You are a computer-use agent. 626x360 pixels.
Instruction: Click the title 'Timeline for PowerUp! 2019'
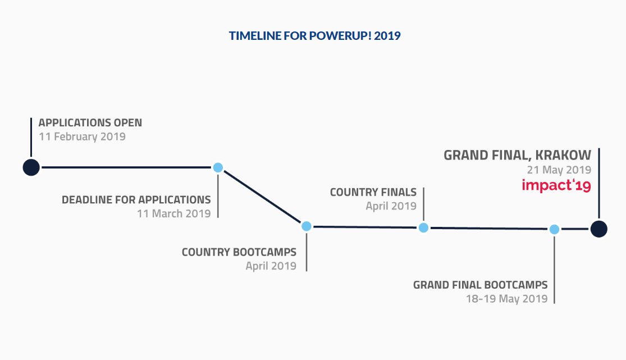(x=314, y=35)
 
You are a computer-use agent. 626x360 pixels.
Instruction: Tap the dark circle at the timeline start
(x=31, y=167)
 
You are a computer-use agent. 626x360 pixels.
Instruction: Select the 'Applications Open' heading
(x=90, y=122)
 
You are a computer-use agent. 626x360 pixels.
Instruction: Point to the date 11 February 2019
(x=82, y=136)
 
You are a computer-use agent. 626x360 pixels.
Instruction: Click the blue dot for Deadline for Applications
(x=218, y=167)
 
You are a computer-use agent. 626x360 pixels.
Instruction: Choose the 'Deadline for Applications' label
(x=136, y=200)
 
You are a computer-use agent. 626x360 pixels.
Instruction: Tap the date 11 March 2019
(x=173, y=214)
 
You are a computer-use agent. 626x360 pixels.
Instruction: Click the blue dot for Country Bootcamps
(x=307, y=226)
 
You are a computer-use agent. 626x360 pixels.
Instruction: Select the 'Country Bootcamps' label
(x=239, y=252)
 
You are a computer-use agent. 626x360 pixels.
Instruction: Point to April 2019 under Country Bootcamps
(x=271, y=266)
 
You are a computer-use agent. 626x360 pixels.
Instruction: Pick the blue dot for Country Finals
(x=423, y=228)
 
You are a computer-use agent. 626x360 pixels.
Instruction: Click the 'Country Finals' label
(x=373, y=192)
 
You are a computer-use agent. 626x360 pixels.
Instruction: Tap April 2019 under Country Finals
(x=391, y=206)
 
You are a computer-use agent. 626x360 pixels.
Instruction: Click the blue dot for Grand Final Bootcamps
(x=554, y=229)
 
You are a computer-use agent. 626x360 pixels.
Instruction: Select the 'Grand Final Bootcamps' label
(x=480, y=285)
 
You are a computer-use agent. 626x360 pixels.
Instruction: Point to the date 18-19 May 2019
(x=507, y=299)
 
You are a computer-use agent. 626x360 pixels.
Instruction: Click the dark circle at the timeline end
(x=599, y=229)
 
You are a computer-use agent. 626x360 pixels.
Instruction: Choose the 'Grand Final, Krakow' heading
(x=518, y=155)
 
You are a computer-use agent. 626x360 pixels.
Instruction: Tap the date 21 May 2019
(x=559, y=170)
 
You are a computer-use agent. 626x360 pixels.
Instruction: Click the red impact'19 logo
(x=556, y=185)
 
